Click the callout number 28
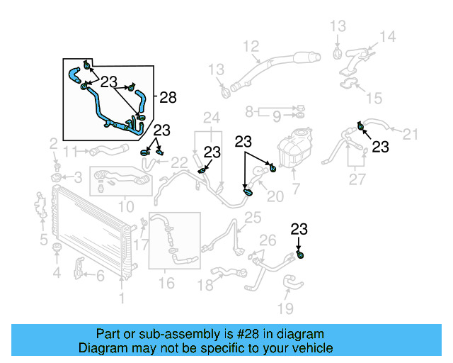click(168, 98)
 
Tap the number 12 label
click(251, 48)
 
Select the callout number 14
click(388, 37)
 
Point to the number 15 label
click(373, 97)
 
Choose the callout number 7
click(296, 189)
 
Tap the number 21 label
click(411, 133)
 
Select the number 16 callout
click(166, 284)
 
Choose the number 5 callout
click(43, 238)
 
